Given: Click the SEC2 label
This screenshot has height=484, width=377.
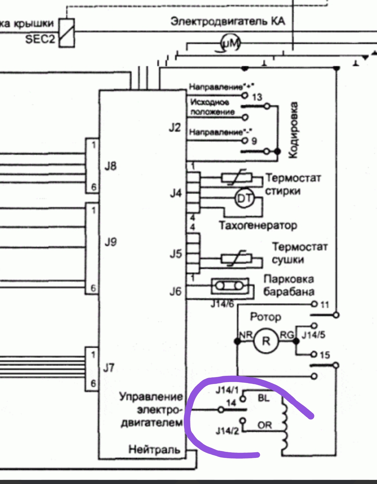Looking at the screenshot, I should [x=40, y=39].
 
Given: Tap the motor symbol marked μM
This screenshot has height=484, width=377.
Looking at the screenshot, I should [x=231, y=43].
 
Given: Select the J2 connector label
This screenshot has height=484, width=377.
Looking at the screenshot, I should [x=175, y=128].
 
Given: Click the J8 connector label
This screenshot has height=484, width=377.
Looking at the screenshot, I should [x=110, y=166].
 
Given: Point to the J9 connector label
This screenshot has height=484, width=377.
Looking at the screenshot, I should [x=110, y=242].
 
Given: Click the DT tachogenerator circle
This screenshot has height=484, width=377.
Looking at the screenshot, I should [x=244, y=198].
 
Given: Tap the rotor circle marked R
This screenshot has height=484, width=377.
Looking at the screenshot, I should [x=266, y=341].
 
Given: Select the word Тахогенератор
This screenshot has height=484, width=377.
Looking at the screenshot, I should [x=258, y=225].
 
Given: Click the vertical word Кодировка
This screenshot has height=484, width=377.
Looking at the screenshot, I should [x=292, y=130].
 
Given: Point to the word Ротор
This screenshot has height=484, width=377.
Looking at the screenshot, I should [x=265, y=317].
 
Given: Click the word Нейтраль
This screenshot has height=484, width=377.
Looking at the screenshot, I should [x=154, y=450].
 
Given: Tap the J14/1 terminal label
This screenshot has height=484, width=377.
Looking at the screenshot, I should [x=227, y=390].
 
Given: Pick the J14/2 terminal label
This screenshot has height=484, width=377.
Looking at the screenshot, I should [x=227, y=431].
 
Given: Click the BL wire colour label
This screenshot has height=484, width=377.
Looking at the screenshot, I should [x=264, y=398].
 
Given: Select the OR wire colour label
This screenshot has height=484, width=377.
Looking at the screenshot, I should [x=265, y=425].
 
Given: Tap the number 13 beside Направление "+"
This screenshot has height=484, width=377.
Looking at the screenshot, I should [x=257, y=97].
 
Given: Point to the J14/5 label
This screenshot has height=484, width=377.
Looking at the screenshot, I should [x=313, y=335].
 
